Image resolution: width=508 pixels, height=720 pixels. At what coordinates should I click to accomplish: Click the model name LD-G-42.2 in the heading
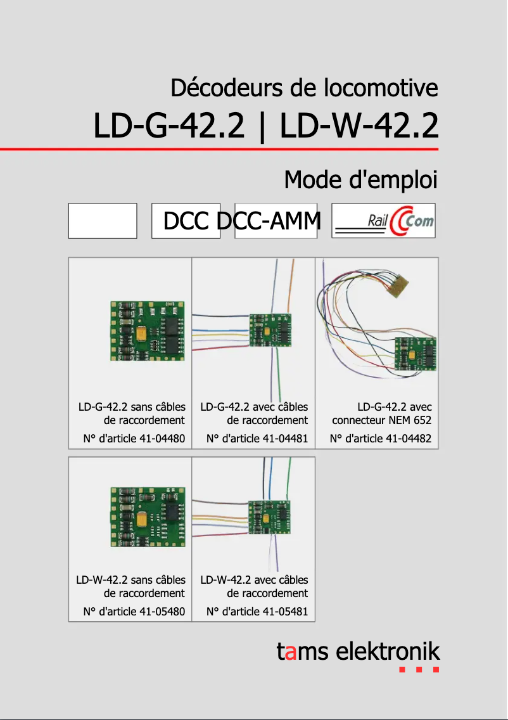coord(168,126)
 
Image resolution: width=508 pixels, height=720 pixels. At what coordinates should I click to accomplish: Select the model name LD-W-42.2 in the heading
coord(359,126)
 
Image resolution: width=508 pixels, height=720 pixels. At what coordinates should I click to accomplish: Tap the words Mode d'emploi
coord(360,180)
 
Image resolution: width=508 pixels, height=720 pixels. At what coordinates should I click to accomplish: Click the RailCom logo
coord(383,221)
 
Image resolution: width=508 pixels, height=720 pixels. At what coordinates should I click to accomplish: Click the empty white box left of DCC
coord(103,221)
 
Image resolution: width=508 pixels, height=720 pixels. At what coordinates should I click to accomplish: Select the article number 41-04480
coord(161,438)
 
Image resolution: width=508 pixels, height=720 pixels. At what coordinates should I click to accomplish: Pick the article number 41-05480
coord(161,612)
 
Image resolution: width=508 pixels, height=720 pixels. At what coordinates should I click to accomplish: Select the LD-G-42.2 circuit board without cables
coord(148,331)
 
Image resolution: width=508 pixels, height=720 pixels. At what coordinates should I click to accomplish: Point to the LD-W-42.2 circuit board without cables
coord(148,517)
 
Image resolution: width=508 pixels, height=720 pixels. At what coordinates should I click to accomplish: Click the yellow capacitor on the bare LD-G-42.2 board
coord(142,333)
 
